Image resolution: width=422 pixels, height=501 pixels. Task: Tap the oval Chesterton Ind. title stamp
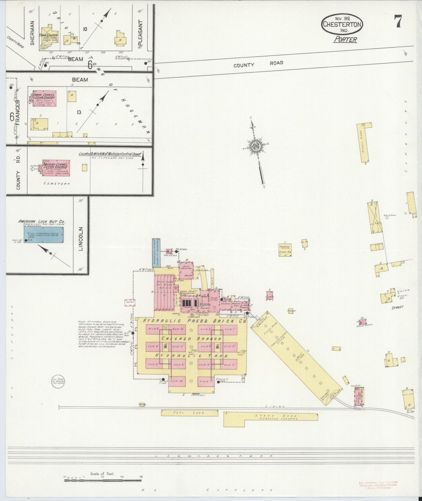coord(342,25)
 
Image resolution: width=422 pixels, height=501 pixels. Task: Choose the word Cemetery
coord(57,184)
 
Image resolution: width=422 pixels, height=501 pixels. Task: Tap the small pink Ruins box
coord(130,303)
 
